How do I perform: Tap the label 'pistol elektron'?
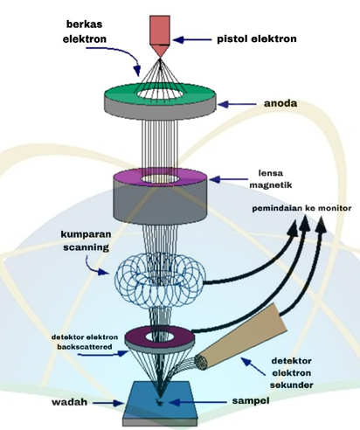click(257, 38)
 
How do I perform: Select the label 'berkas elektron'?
click(85, 31)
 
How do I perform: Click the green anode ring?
click(122, 93)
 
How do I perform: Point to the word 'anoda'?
click(280, 103)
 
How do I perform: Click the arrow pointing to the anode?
click(237, 104)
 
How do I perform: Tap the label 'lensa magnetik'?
click(271, 179)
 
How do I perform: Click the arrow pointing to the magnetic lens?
click(228, 179)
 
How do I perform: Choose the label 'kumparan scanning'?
click(86, 240)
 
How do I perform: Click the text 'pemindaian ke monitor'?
click(301, 208)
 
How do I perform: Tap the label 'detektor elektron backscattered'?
click(85, 342)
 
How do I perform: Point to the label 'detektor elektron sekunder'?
click(291, 373)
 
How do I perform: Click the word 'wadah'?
click(70, 402)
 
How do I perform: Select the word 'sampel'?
click(251, 400)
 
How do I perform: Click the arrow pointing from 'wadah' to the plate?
click(108, 403)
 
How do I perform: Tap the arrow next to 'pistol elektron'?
click(192, 39)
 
